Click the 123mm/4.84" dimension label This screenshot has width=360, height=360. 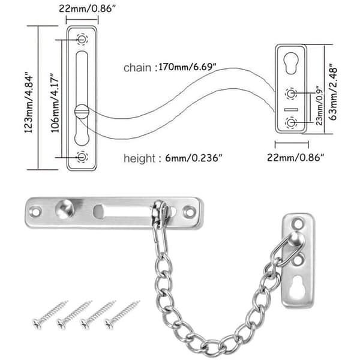[29, 102]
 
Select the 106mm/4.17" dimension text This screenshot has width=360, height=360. [55, 103]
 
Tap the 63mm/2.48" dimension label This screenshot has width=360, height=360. [333, 92]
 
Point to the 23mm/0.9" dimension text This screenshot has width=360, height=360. [319, 106]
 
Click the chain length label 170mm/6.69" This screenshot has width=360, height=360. [187, 67]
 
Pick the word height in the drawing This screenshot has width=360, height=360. [139, 158]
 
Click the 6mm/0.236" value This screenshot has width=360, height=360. [194, 158]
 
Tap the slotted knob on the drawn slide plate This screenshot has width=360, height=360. [82, 112]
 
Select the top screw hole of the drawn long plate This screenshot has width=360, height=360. [82, 39]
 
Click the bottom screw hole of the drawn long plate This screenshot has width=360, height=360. [82, 157]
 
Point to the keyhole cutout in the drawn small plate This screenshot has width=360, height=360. [290, 64]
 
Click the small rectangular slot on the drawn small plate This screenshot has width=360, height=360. [291, 110]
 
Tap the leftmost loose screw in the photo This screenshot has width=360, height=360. [50, 314]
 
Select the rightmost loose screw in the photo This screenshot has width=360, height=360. [122, 314]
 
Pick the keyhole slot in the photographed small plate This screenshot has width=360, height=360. [297, 287]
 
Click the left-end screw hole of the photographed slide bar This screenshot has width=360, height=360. [35, 211]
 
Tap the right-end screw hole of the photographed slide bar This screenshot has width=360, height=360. [189, 211]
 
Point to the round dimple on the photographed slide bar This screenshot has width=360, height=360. [65, 208]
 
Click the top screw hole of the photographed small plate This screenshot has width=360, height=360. [298, 223]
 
